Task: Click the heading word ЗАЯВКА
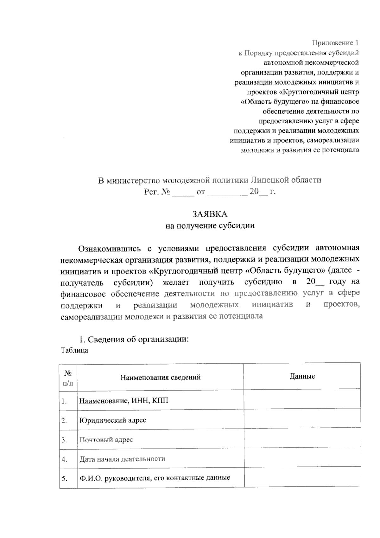(x=210, y=214)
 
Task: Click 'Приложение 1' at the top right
(x=335, y=43)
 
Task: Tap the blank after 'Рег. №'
(x=183, y=192)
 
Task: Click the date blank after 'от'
(x=227, y=192)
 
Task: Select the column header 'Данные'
(x=302, y=376)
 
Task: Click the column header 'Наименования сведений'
(x=160, y=377)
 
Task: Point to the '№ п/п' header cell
(x=68, y=377)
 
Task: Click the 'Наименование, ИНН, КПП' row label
(x=123, y=401)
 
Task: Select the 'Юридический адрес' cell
(x=113, y=420)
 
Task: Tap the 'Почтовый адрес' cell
(x=106, y=440)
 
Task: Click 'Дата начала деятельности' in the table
(x=122, y=459)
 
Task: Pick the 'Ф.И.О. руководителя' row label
(x=155, y=478)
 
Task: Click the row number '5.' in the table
(x=64, y=478)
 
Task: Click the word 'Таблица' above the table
(x=74, y=350)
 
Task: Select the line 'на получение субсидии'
(x=210, y=226)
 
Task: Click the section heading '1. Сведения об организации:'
(x=134, y=339)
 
